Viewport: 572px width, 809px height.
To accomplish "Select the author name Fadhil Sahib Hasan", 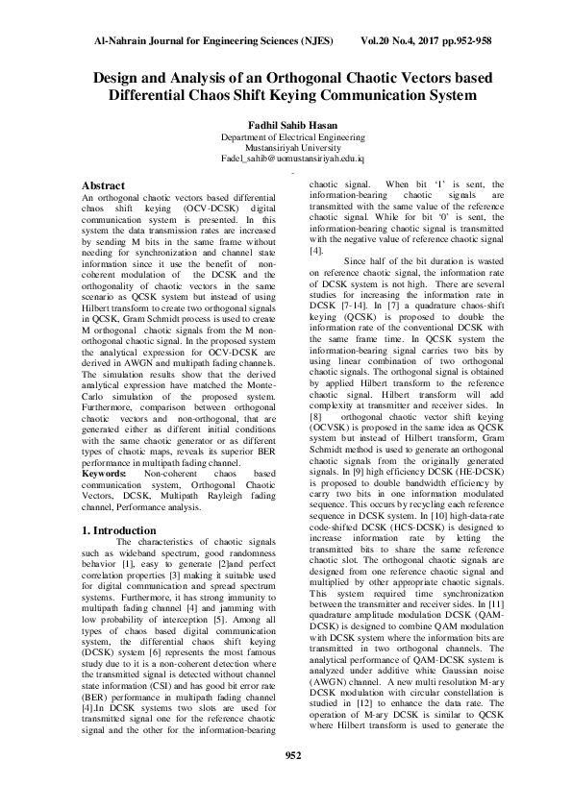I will pos(286,126).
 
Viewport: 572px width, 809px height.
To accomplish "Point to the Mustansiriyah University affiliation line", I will pos(286,148).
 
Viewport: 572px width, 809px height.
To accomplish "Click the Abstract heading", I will pos(104,184).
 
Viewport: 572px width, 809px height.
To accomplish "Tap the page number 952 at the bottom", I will pos(286,781).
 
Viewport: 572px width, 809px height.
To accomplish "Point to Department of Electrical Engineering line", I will pos(286,137).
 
